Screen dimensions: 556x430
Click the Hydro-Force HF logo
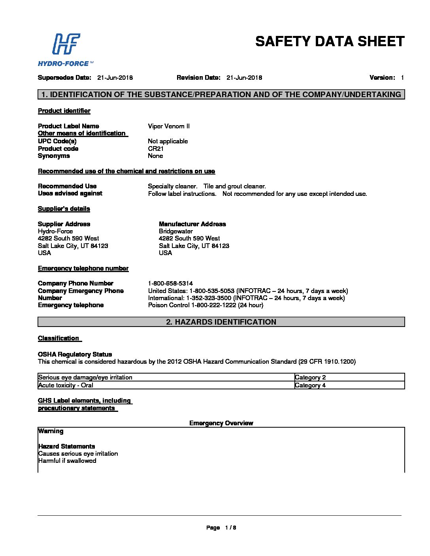pyautogui.click(x=66, y=49)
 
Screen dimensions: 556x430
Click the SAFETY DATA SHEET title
pyautogui.click(x=330, y=41)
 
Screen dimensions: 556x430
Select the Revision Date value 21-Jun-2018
pyautogui.click(x=244, y=78)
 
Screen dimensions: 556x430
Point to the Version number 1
pyautogui.click(x=402, y=78)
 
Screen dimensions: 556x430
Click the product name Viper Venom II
pyautogui.click(x=169, y=126)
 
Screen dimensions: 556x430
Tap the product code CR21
pyautogui.click(x=156, y=149)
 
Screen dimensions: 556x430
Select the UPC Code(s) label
pyautogui.click(x=57, y=141)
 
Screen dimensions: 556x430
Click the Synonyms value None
pyautogui.click(x=155, y=156)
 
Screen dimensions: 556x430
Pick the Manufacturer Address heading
pyautogui.click(x=192, y=224)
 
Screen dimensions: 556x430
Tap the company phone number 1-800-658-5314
pyautogui.click(x=170, y=284)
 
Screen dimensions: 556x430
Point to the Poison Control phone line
pyautogui.click(x=206, y=305)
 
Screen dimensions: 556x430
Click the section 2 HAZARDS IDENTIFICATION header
pyautogui.click(x=221, y=322)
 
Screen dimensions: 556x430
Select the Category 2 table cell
pyautogui.click(x=310, y=378)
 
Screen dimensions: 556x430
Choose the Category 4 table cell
pyautogui.click(x=310, y=385)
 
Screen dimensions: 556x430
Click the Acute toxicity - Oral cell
pyautogui.click(x=66, y=385)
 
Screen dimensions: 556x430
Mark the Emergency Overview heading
pyautogui.click(x=221, y=423)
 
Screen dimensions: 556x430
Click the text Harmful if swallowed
pyautogui.click(x=67, y=461)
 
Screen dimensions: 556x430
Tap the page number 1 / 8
pyautogui.click(x=230, y=528)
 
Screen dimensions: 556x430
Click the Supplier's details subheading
pyautogui.click(x=64, y=209)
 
